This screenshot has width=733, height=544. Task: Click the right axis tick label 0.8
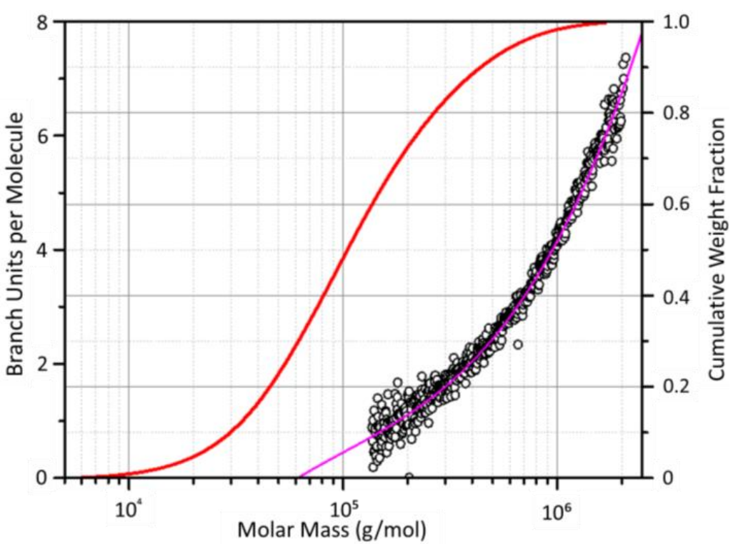(675, 113)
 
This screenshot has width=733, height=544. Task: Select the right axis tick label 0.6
(675, 204)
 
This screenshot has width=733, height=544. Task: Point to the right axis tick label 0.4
(675, 296)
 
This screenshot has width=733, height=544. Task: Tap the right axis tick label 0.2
(675, 387)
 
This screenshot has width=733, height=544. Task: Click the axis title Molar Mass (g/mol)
(332, 530)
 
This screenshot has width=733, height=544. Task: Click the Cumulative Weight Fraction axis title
(716, 247)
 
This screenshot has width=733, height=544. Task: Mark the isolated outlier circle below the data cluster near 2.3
(518, 345)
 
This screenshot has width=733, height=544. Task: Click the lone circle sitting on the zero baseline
(409, 477)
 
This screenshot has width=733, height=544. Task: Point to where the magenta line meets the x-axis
(301, 477)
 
